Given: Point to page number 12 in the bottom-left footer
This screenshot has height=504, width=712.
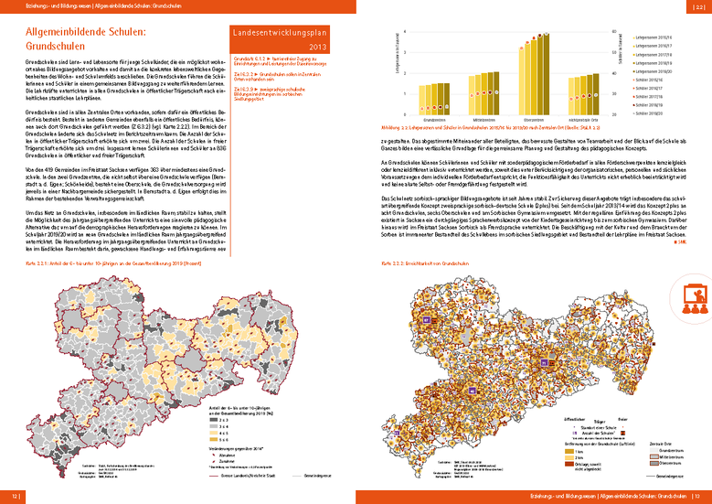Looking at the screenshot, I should [x=16, y=497].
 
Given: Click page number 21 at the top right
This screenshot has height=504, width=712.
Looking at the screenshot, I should [x=701, y=5].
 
